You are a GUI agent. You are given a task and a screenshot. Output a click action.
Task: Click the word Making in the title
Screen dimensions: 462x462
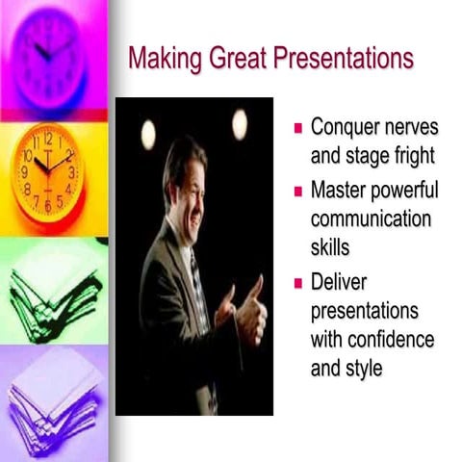pyautogui.click(x=160, y=60)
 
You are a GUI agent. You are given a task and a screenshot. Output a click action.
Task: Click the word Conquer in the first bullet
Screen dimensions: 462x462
pyautogui.click(x=347, y=128)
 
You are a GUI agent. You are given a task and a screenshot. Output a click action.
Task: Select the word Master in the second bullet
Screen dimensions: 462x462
pyautogui.click(x=340, y=190)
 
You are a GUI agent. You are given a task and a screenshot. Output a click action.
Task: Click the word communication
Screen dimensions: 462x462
pyautogui.click(x=371, y=218)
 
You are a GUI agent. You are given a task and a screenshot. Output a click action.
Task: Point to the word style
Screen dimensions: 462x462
pyautogui.click(x=364, y=368)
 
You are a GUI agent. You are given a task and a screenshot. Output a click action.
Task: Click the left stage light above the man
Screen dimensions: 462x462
pyautogui.click(x=148, y=134)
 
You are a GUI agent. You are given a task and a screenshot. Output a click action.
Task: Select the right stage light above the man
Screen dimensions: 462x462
pyautogui.click(x=239, y=124)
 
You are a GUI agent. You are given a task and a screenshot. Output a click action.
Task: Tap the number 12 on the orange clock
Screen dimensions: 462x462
pyautogui.click(x=48, y=139)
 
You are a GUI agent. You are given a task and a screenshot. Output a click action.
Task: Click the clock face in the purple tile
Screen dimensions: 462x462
pyautogui.click(x=46, y=53)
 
